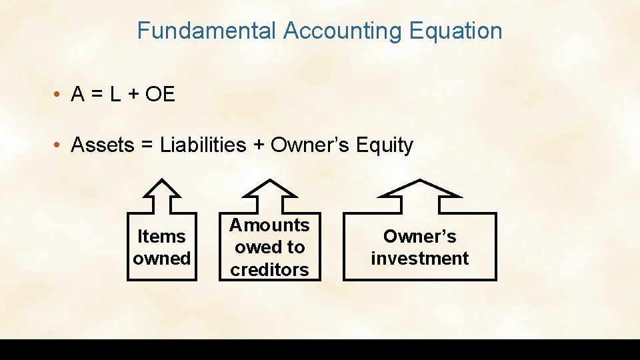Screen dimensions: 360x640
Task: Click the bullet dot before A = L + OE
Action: (59, 95)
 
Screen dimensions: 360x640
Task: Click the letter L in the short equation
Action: (115, 95)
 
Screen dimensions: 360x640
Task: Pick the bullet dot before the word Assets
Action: (59, 145)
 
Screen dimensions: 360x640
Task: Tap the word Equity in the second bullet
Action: (384, 145)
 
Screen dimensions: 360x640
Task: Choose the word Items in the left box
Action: (161, 237)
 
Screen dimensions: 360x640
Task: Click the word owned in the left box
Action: (161, 259)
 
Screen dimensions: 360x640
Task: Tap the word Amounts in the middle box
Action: (269, 225)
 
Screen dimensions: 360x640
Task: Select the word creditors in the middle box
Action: (269, 269)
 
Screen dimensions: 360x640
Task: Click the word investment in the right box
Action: (420, 259)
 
